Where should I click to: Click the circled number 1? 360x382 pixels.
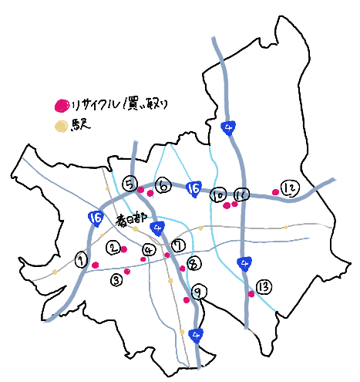click(80, 260)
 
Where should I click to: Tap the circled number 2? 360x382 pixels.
click(113, 248)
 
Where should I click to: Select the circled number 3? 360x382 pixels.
click(116, 279)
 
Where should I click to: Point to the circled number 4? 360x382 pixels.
click(148, 249)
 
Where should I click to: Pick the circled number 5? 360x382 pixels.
click(130, 183)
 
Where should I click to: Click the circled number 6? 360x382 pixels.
click(163, 185)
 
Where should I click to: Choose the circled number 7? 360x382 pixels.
click(178, 245)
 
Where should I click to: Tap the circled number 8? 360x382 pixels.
click(193, 264)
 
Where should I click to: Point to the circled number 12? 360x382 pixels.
click(289, 188)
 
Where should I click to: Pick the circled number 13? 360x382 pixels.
click(263, 287)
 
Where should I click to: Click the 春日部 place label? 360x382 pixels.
click(131, 219)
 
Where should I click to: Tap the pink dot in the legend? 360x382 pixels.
click(60, 106)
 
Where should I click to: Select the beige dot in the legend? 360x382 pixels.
click(60, 125)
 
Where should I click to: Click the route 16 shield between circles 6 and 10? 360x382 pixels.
click(194, 188)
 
